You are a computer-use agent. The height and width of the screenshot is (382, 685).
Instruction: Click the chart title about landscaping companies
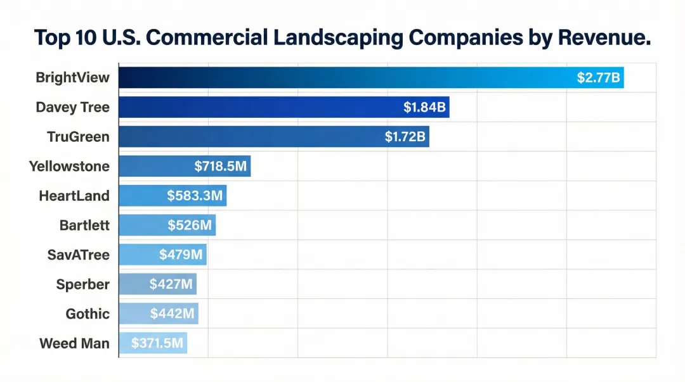[342, 37]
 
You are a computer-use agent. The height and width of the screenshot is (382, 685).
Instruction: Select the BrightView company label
[72, 78]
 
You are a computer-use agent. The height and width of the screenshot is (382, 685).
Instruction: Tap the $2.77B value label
[598, 78]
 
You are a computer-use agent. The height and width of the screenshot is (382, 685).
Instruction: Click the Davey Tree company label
[72, 107]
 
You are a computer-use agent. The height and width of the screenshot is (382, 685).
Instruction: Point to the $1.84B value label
[424, 107]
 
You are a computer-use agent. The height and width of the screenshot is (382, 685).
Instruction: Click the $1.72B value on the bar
[405, 137]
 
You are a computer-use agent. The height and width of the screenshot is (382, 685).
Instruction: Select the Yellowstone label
[69, 167]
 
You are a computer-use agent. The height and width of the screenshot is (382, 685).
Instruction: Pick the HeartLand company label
[74, 196]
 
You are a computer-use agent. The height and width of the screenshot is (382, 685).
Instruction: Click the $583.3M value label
[195, 196]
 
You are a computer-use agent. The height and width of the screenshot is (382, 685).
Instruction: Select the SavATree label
[78, 255]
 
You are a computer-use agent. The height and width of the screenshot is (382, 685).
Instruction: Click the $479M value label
[181, 255]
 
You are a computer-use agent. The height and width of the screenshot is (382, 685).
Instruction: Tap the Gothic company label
[88, 314]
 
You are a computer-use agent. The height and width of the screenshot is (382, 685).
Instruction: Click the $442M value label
[172, 314]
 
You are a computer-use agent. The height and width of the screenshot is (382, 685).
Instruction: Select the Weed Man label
[74, 343]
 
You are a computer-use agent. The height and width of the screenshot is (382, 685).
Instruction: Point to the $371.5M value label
[157, 343]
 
